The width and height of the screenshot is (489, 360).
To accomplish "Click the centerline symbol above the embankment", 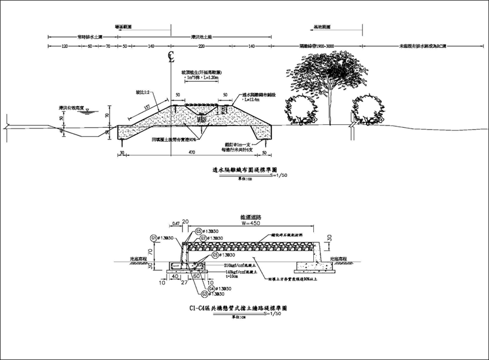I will (x=171, y=59).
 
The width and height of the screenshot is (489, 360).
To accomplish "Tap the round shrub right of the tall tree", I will (x=368, y=110).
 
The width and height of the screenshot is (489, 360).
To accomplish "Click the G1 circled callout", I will (x=154, y=238).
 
